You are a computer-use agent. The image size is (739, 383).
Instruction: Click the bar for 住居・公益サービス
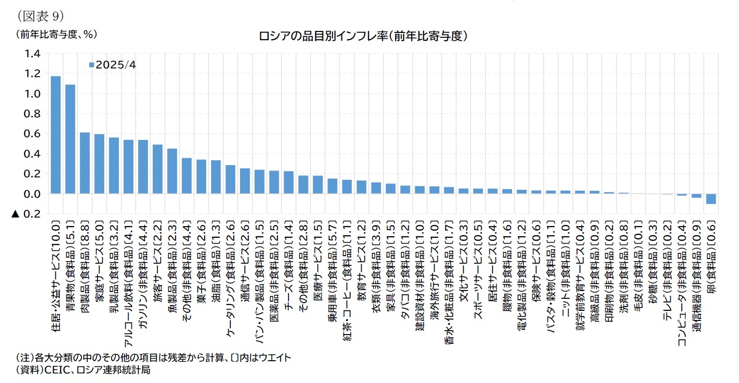pos(56,135)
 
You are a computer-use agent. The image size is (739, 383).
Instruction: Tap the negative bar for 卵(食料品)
pos(711,199)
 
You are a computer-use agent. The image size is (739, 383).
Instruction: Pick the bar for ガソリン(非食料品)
pos(143,167)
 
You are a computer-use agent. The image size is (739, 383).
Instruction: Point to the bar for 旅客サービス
pos(158,169)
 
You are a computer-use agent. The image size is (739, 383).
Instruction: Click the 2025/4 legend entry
pos(112,65)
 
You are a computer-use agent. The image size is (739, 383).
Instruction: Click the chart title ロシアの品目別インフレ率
pos(363,37)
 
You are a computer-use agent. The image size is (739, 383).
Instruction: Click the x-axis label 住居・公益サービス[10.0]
pos(56,278)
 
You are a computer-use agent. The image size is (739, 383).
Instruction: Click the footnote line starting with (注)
pos(154,358)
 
